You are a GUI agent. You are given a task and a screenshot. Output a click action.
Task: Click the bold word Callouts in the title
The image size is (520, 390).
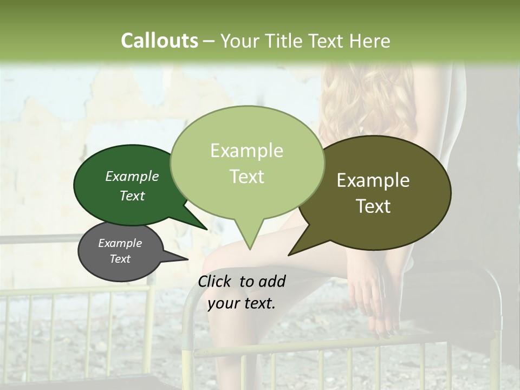coord(159,41)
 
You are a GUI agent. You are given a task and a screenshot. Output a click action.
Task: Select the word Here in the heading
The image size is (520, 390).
coord(370,41)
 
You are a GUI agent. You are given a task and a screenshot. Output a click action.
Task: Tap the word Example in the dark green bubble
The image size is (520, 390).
coord(132,176)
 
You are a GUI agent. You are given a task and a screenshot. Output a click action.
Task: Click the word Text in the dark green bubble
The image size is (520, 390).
coord(132,196)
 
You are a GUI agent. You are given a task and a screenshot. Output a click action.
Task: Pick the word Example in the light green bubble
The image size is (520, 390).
coord(246,151)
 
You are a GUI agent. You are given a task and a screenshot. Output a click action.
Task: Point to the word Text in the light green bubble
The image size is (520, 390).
coord(246,176)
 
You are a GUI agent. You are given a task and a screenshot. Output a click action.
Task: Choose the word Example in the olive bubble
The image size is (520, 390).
coord(373,180)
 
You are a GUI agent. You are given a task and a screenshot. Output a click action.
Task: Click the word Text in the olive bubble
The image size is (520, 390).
coord(373,206)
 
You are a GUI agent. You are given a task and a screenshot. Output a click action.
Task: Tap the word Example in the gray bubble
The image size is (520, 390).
coord(120,243)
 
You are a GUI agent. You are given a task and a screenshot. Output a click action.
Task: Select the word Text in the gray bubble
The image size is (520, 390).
coord(120,259)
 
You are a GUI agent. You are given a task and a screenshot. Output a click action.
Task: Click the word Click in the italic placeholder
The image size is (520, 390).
coord(215,281)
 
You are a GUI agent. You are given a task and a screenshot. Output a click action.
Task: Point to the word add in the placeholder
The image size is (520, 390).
coord(272,281)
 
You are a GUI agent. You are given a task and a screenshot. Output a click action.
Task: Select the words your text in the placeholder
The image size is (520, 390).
coord(241,303)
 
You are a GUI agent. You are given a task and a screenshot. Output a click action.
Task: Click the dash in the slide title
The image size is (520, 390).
coord(209,41)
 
